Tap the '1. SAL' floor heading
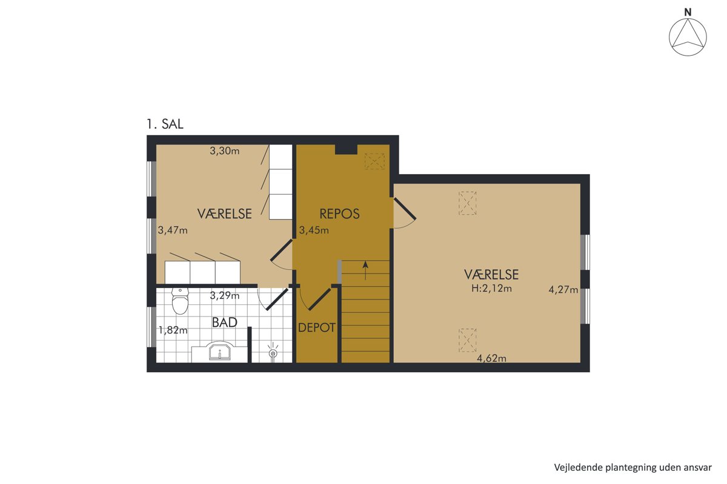point(165,124)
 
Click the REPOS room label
point(339,214)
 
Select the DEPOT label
point(317,328)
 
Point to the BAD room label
point(225,322)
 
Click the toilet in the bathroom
point(180,301)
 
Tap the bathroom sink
point(220,351)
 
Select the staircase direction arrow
point(365,270)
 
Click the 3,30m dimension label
point(225,151)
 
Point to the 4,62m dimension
point(491,358)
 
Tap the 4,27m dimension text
point(563,289)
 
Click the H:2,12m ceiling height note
point(491,288)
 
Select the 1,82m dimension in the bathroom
point(173,330)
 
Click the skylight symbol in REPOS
point(374,161)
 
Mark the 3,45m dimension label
point(314,230)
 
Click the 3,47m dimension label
point(173,230)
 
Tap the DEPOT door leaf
point(319,299)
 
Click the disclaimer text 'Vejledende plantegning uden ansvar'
point(633,467)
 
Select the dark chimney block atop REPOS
point(346,149)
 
